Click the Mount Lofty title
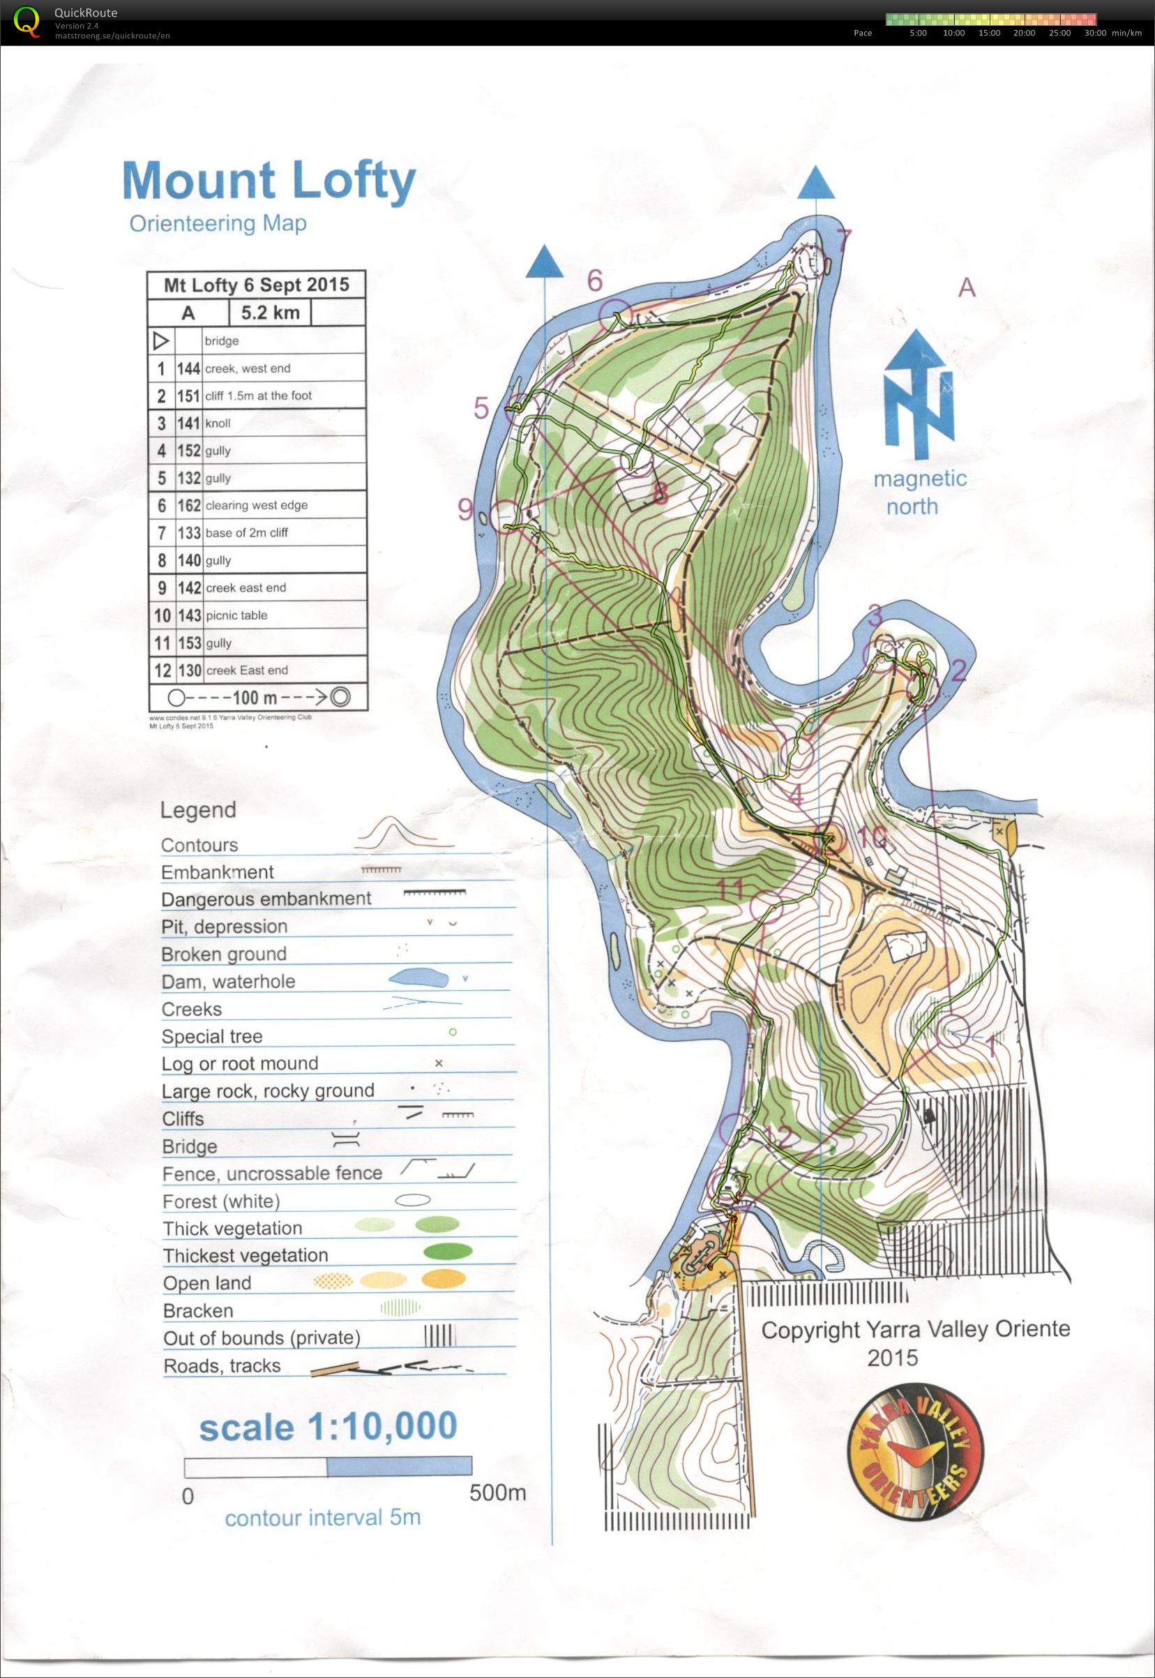tap(269, 180)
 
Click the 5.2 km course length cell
tap(269, 313)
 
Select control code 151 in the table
tap(188, 396)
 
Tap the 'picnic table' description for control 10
tap(236, 615)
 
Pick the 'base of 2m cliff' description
tap(246, 533)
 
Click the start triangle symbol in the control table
tap(160, 340)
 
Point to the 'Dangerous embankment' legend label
tap(266, 899)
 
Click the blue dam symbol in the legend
tap(418, 979)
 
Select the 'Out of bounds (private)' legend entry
tap(262, 1338)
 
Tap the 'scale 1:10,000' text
tap(328, 1426)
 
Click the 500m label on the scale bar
tap(497, 1492)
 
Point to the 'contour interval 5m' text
tap(322, 1518)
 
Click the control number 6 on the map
tap(594, 281)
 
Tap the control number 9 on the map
tap(465, 510)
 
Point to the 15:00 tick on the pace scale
tap(988, 33)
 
